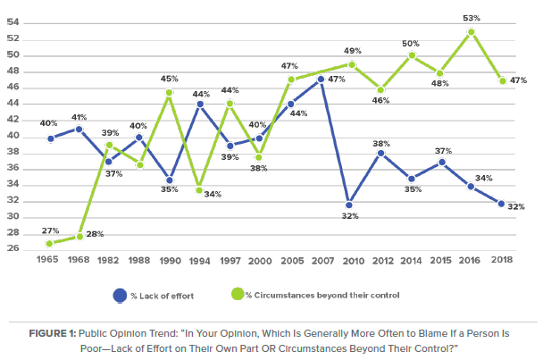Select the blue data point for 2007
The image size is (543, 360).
point(321,80)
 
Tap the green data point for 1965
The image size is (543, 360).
point(50,243)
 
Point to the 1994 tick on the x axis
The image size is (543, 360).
point(200,261)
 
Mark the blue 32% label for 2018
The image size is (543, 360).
point(516,207)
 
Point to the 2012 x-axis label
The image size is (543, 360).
point(381,261)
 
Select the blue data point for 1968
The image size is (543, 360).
point(80,129)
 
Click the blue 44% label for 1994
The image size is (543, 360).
point(201,94)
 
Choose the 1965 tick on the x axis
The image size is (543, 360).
point(50,261)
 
